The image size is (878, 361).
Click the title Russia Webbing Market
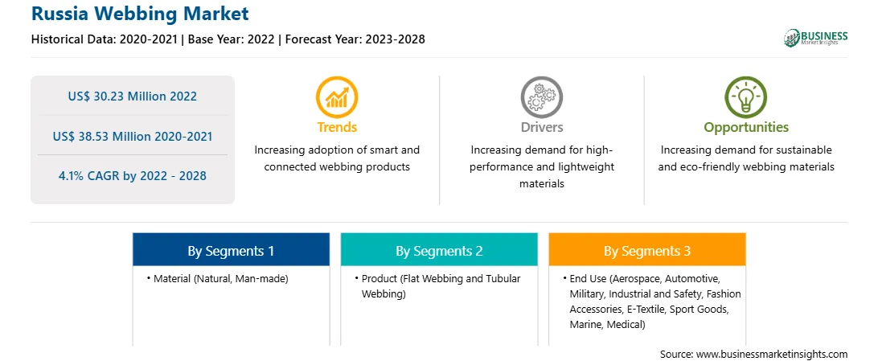tap(140, 14)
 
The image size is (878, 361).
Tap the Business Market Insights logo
tap(815, 38)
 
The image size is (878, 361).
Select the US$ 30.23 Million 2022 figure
tap(133, 96)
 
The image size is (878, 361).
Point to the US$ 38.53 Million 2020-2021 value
tap(133, 136)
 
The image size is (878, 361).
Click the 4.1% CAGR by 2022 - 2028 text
tap(133, 176)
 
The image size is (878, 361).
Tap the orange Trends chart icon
tap(337, 96)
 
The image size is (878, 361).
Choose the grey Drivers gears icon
tap(541, 96)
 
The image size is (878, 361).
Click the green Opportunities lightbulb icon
tap(746, 96)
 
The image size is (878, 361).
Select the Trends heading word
tap(337, 127)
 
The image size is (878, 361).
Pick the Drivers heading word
tap(541, 127)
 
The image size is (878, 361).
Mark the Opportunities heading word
tap(746, 128)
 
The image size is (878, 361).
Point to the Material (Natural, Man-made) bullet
tap(218, 279)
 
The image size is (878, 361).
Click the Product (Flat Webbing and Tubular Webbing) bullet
tap(438, 286)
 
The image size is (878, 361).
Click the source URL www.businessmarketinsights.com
tap(772, 355)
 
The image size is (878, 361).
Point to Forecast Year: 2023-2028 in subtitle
tap(355, 39)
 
